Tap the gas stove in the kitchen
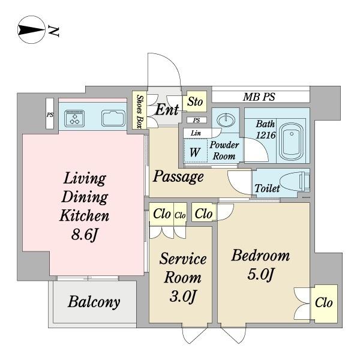74,118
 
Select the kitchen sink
113,118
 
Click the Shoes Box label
139,111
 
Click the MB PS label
259,97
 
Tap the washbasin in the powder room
226,120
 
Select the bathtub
292,142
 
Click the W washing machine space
195,152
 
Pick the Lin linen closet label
196,133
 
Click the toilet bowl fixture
295,182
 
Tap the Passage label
178,177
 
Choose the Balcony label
94,302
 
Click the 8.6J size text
85,235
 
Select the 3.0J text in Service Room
182,296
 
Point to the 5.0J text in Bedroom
260,274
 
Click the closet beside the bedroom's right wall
324,303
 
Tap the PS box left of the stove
50,113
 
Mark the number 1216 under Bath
266,135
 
